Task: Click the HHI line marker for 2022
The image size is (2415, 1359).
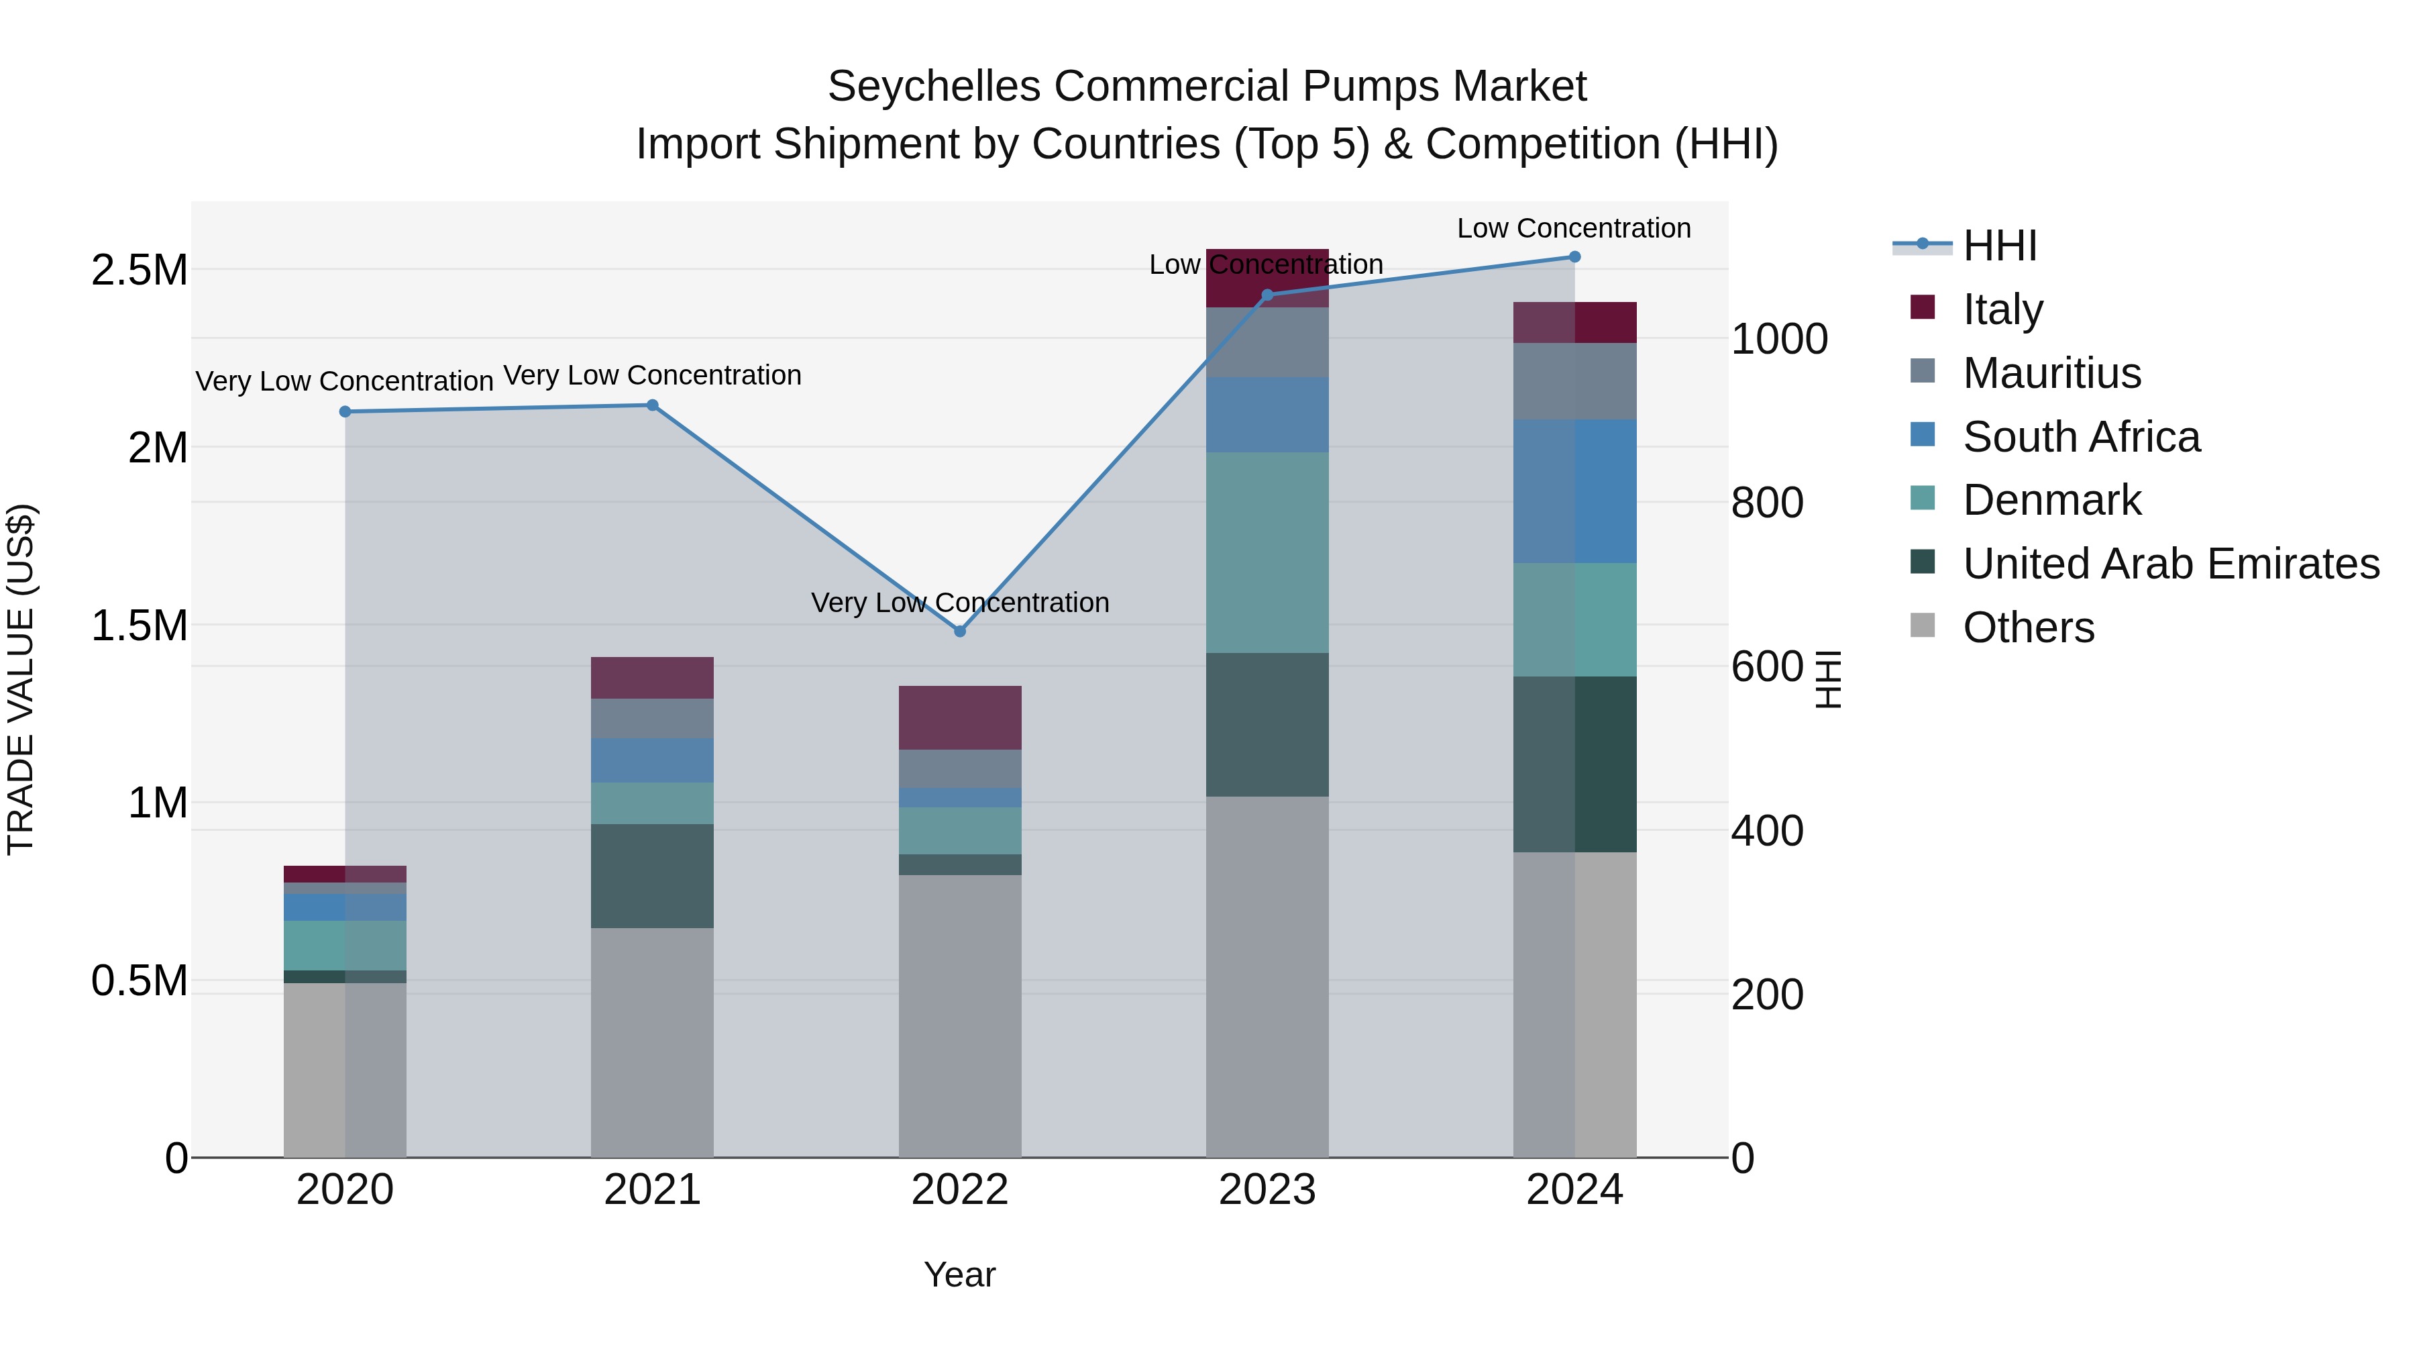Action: (959, 632)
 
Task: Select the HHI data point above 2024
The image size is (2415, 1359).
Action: (1574, 257)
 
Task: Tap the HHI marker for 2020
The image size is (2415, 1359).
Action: (345, 412)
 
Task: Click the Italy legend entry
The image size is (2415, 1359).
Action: (2002, 309)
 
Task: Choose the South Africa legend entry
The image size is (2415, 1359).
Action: (2080, 437)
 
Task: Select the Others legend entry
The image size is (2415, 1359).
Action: (2028, 627)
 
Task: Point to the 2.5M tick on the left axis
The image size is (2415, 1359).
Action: (139, 270)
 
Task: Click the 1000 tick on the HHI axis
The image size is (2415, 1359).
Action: (1778, 339)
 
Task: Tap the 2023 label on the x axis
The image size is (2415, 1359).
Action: (1267, 1189)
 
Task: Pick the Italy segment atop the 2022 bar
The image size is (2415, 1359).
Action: (959, 717)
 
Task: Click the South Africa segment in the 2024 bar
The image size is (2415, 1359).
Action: (1574, 491)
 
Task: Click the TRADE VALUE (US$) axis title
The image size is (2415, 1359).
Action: (21, 679)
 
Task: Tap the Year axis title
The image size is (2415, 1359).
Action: (959, 1274)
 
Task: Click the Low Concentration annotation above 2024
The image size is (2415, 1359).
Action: (1573, 228)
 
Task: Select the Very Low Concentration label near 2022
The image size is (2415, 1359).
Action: (959, 602)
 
